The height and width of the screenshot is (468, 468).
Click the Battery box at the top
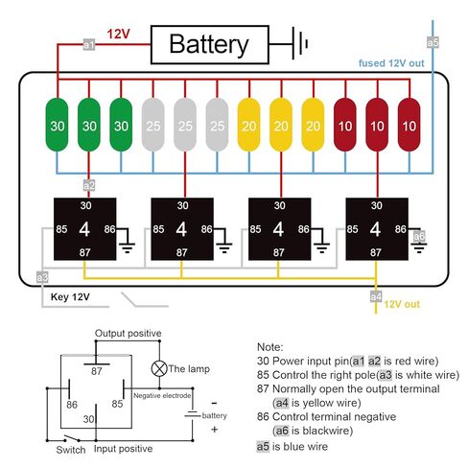(x=209, y=44)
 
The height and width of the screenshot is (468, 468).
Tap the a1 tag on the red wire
(x=89, y=44)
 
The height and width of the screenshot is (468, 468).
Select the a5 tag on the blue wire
(x=433, y=42)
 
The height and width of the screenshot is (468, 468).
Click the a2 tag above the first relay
(x=89, y=185)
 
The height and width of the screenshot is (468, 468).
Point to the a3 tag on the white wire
(x=42, y=277)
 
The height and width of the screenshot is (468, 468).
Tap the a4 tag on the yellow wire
(x=376, y=296)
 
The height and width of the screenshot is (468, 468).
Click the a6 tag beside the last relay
(x=419, y=237)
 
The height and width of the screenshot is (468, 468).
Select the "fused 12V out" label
(x=391, y=63)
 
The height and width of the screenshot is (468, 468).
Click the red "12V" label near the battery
(x=118, y=34)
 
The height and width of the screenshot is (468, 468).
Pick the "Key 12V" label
(x=70, y=297)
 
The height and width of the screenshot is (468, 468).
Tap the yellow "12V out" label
(x=402, y=304)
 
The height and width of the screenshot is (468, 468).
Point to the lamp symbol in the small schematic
(x=159, y=368)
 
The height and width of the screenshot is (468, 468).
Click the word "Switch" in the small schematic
(x=71, y=450)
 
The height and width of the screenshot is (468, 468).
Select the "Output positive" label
(x=128, y=333)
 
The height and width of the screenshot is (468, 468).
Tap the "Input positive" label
(x=123, y=449)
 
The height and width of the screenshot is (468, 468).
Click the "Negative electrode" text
(x=162, y=396)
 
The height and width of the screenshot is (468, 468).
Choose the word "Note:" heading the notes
(x=270, y=347)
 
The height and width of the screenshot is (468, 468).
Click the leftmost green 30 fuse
(x=58, y=125)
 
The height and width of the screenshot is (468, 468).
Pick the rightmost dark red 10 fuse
(x=409, y=125)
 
